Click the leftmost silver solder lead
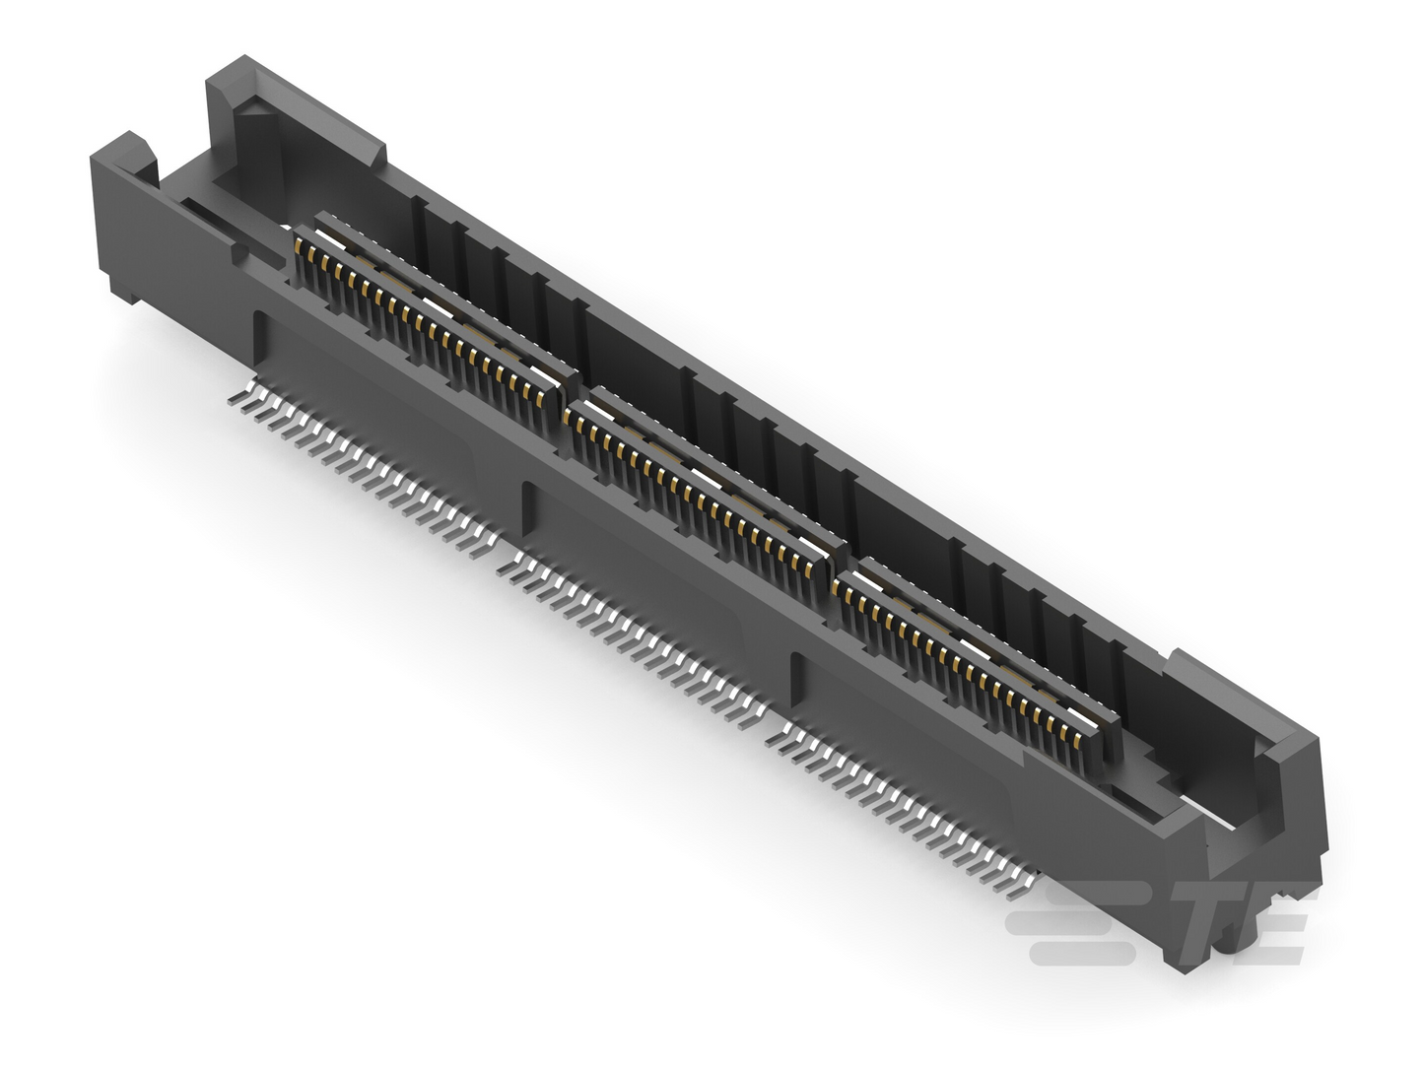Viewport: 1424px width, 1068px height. pos(237,399)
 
